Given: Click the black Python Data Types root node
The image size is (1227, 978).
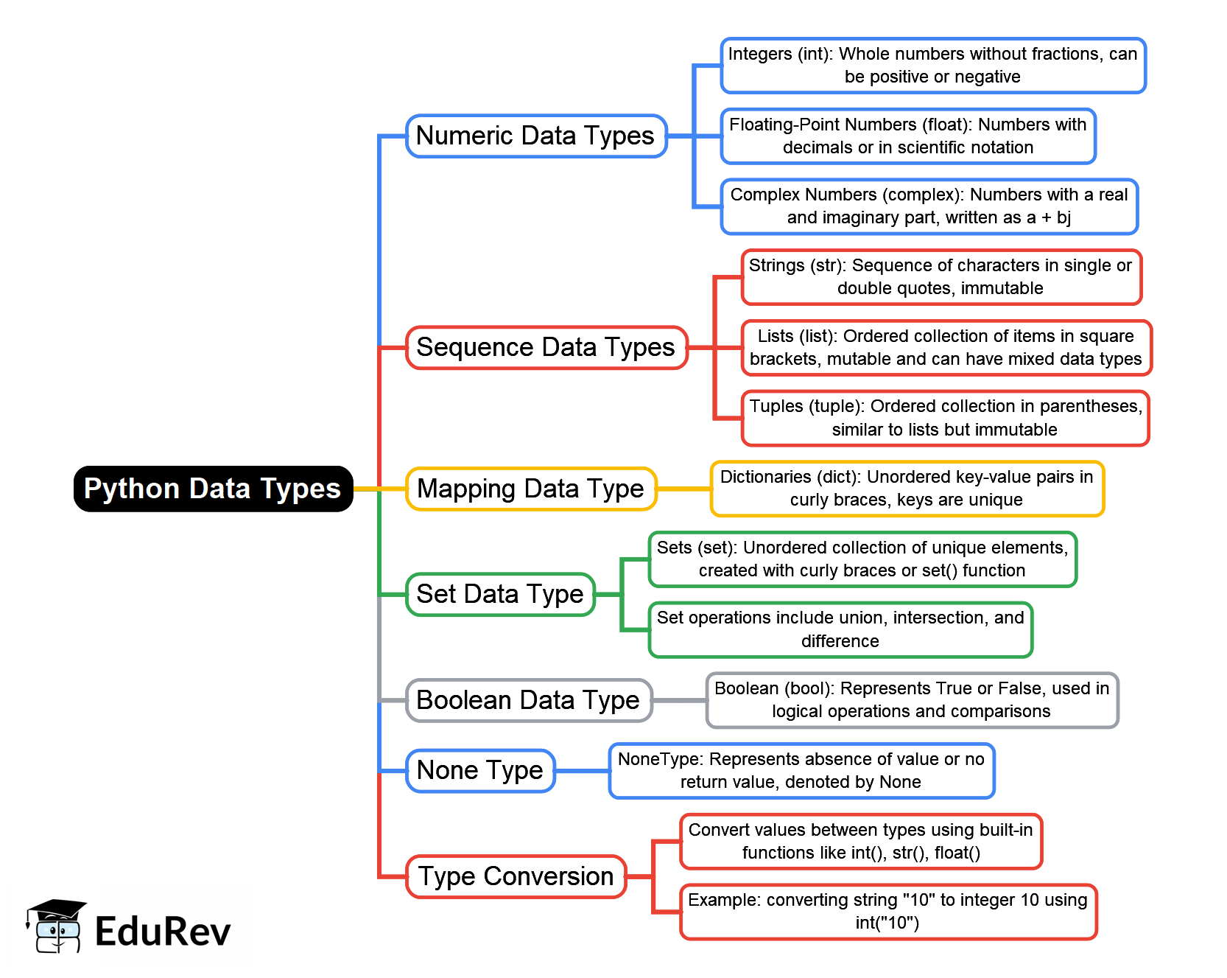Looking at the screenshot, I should (x=213, y=489).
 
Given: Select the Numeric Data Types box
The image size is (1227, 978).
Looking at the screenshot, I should (x=536, y=136).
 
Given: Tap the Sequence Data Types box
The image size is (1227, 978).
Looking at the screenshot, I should (x=546, y=347).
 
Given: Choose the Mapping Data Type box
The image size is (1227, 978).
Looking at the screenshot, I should (x=531, y=489).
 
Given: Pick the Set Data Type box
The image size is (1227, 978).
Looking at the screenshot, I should (x=500, y=594).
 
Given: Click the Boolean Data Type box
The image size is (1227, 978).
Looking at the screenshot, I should (x=529, y=700).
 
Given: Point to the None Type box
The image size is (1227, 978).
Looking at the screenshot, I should (x=480, y=771).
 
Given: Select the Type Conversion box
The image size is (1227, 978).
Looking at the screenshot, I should (x=516, y=876).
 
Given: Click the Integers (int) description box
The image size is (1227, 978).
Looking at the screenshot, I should (x=933, y=66).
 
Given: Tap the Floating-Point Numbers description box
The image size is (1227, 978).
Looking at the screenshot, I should (x=908, y=136).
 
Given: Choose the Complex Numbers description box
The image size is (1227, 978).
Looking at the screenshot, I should (x=929, y=206).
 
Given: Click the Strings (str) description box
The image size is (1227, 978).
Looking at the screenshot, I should (x=941, y=277).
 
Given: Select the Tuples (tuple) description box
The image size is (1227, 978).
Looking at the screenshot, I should (x=945, y=418).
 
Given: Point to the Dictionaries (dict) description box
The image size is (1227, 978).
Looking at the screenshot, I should (x=907, y=489).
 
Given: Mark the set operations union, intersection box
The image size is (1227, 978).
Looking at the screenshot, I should (x=840, y=629).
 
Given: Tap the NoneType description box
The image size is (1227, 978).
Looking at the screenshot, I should (x=801, y=771).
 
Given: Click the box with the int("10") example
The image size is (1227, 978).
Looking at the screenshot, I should (x=888, y=912).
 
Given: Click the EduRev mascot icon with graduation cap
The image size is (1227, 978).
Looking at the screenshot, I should (x=56, y=926).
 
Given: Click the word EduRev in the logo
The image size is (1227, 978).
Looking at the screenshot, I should (x=163, y=932).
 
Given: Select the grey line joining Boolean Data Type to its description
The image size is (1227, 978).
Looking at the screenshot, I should (x=679, y=700).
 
